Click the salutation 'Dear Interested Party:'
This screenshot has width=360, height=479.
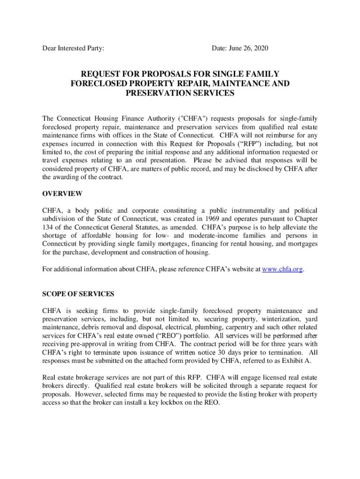73,49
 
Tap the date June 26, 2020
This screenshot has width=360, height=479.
240,49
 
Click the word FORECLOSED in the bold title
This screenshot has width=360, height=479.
96,84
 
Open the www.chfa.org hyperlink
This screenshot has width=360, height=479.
283,269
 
